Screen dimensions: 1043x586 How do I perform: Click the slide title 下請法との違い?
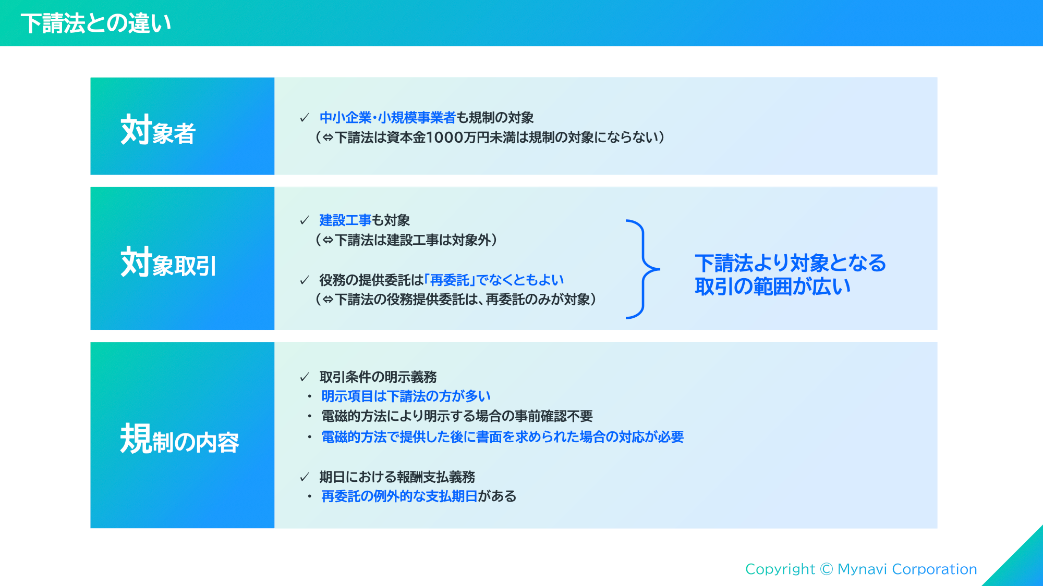pyautogui.click(x=96, y=23)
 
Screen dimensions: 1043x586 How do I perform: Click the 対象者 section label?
pyautogui.click(x=157, y=130)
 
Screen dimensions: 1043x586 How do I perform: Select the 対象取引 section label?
pyautogui.click(x=168, y=262)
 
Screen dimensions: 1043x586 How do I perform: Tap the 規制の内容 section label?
pyautogui.click(x=179, y=439)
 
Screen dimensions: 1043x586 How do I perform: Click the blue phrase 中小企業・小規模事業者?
pyautogui.click(x=387, y=118)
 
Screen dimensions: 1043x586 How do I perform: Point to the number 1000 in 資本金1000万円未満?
pyautogui.click(x=445, y=138)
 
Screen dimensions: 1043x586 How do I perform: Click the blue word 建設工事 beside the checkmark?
pyautogui.click(x=345, y=220)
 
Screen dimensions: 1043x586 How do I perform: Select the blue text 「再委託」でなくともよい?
pyautogui.click(x=494, y=280)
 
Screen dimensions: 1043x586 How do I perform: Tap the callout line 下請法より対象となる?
pyautogui.click(x=790, y=263)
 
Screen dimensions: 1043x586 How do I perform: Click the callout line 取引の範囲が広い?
pyautogui.click(x=772, y=286)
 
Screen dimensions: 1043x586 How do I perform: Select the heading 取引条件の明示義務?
pyautogui.click(x=378, y=377)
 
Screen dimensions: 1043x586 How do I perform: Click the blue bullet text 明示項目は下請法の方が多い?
pyautogui.click(x=406, y=396)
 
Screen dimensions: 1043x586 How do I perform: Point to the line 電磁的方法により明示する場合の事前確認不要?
pyautogui.click(x=457, y=416)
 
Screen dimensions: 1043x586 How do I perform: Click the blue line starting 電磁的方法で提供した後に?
pyautogui.click(x=502, y=437)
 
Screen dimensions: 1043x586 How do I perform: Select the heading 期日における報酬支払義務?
pyautogui.click(x=397, y=477)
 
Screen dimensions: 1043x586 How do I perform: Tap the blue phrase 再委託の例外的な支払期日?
pyautogui.click(x=399, y=496)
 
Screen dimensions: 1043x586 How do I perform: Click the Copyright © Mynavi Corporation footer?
pyautogui.click(x=861, y=569)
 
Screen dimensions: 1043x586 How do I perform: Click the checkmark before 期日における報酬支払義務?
pyautogui.click(x=305, y=477)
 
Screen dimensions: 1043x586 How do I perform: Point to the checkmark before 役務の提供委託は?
pyautogui.click(x=305, y=280)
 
